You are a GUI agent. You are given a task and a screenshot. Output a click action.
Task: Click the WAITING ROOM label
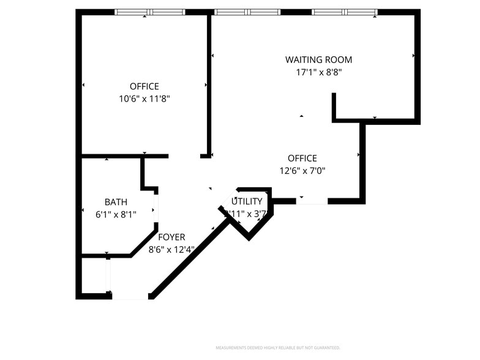pyautogui.click(x=318, y=59)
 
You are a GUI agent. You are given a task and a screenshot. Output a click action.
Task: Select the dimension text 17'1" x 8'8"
pyautogui.click(x=318, y=72)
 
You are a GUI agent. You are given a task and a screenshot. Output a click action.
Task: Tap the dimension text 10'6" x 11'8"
pyautogui.click(x=144, y=98)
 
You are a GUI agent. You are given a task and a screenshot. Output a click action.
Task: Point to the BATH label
pyautogui.click(x=116, y=202)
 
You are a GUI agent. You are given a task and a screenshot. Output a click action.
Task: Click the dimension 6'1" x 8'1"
pyautogui.click(x=116, y=214)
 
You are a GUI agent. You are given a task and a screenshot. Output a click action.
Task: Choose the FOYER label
pyautogui.click(x=171, y=237)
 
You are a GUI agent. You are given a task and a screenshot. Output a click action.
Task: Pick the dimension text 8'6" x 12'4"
pyautogui.click(x=171, y=249)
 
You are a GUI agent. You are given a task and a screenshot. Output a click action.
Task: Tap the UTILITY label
pyautogui.click(x=247, y=201)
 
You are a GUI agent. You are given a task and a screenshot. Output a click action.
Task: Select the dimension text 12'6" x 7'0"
pyautogui.click(x=302, y=170)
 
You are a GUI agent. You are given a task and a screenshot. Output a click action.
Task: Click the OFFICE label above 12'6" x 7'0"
pyautogui.click(x=302, y=158)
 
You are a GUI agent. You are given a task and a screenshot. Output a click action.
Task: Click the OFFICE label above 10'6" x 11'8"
pyautogui.click(x=144, y=86)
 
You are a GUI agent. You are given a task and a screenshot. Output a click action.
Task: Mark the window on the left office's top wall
pyautogui.click(x=150, y=12)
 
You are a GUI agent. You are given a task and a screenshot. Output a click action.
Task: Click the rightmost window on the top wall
pyautogui.click(x=345, y=12)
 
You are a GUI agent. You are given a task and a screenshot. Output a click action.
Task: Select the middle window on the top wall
pyautogui.click(x=247, y=12)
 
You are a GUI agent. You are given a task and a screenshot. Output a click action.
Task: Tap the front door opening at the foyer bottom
pyautogui.click(x=130, y=297)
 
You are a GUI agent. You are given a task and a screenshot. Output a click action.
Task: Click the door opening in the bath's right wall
pyautogui.click(x=156, y=208)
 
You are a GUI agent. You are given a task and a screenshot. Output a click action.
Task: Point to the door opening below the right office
pyautogui.click(x=312, y=201)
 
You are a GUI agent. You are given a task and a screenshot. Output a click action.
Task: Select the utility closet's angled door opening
pyautogui.click(x=228, y=199)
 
